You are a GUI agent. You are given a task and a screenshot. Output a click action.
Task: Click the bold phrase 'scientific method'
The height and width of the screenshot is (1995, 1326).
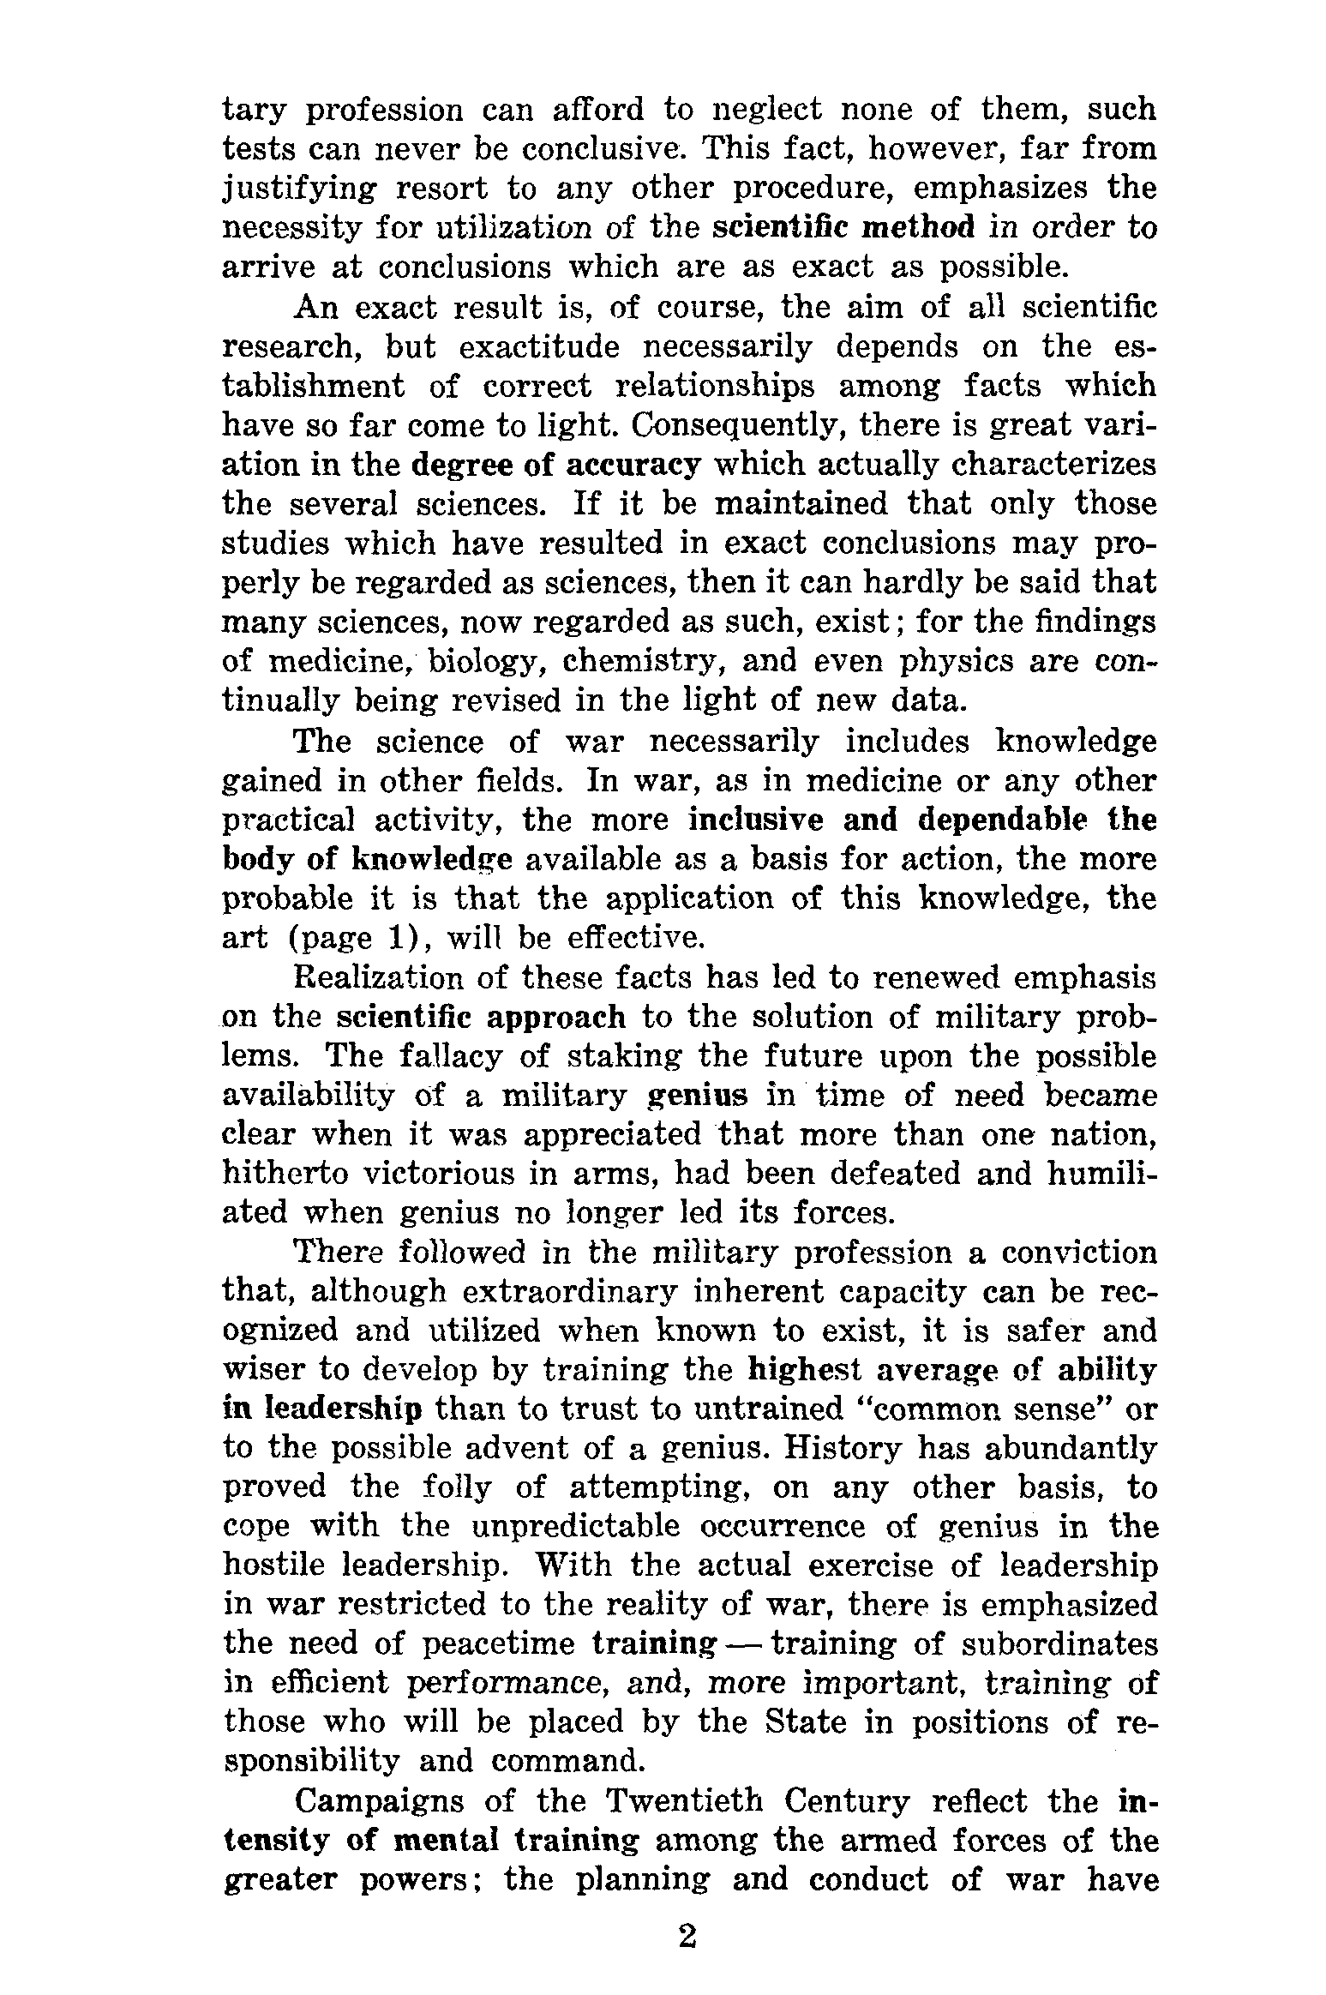pos(843,227)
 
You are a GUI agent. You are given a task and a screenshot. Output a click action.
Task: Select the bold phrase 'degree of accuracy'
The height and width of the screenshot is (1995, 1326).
pos(556,465)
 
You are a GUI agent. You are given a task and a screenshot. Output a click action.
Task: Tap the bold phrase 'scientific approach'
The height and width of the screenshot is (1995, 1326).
pos(482,1017)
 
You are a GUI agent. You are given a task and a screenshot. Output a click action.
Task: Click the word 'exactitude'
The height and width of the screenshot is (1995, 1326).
pos(539,346)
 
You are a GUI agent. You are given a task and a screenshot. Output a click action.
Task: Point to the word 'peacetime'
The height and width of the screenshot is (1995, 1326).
pos(499,1644)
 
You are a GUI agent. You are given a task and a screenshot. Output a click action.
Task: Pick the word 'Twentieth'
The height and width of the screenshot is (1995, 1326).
pos(683,1802)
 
